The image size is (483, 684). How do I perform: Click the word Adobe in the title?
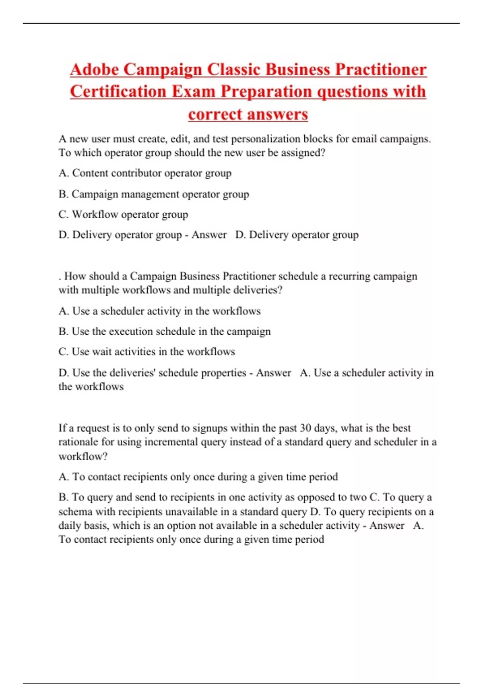(x=94, y=70)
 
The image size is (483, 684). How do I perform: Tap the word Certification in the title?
(x=118, y=91)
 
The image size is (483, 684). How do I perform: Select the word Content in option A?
(x=90, y=173)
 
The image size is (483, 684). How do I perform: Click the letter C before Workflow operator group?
(x=63, y=214)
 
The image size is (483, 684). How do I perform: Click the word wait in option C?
(x=102, y=352)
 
